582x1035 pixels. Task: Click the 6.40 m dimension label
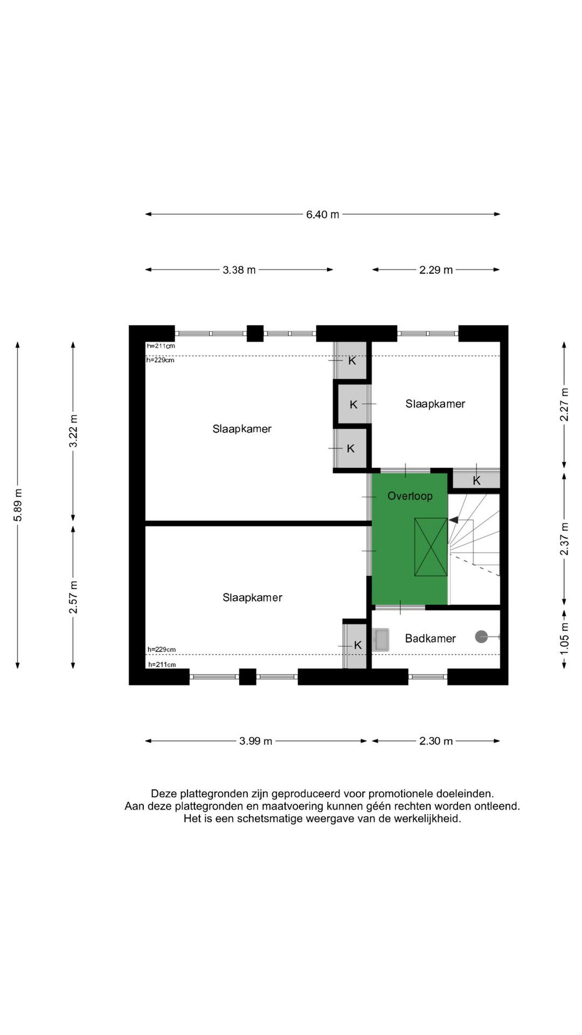322,215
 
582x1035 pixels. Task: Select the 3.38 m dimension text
239,270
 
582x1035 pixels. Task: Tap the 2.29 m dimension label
435,270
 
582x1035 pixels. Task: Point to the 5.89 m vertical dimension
18,505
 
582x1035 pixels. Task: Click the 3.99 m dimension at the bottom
255,741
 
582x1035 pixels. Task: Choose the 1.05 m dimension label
564,639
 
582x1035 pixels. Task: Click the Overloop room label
410,496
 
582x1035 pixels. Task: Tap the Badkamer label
430,639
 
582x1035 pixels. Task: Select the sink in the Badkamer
381,640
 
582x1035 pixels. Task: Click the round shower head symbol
481,637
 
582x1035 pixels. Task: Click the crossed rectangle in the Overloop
431,547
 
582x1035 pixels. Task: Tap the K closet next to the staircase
476,480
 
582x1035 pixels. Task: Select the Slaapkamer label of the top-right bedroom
435,404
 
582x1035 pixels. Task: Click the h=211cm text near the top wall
161,346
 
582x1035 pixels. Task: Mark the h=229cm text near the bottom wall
162,650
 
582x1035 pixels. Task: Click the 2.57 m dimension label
73,597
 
